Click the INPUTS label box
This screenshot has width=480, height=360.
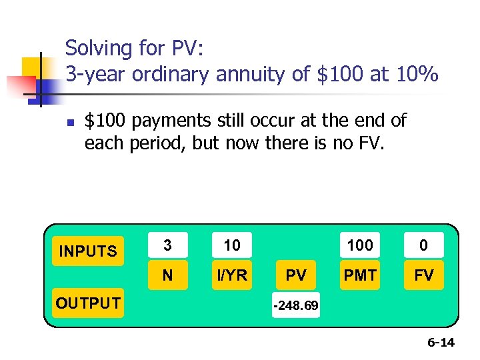(x=88, y=251)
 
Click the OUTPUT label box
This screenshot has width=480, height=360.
(x=88, y=303)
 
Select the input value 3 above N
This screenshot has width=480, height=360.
(x=167, y=245)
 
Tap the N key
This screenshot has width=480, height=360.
(x=167, y=275)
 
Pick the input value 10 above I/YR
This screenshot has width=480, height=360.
(x=232, y=245)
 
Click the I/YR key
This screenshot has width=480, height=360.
(x=232, y=275)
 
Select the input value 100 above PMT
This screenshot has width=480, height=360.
(x=360, y=245)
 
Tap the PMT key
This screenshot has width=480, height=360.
(x=360, y=275)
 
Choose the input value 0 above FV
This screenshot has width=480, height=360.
(x=423, y=245)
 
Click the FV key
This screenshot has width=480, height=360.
(x=423, y=275)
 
